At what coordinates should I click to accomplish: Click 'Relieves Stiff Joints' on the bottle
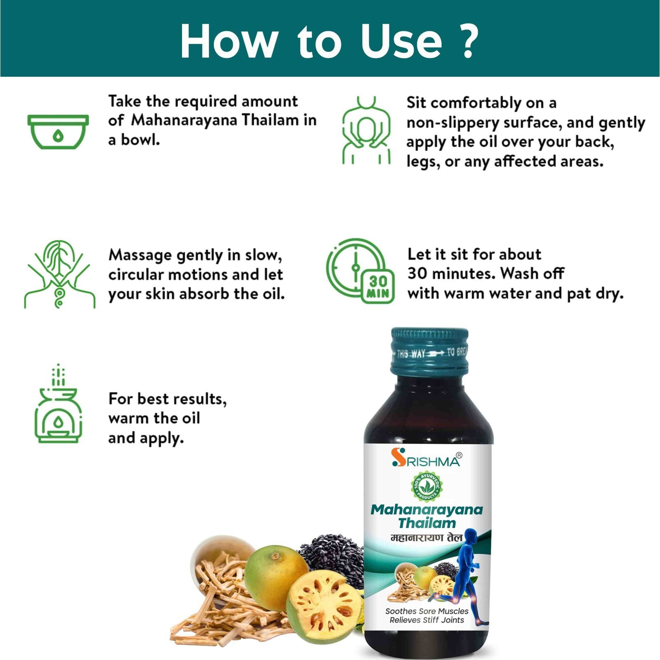[x=427, y=620]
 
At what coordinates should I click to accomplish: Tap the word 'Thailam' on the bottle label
[x=427, y=523]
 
